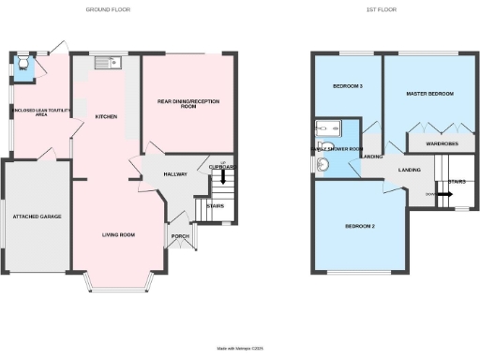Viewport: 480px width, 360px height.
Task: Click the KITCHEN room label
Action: (107, 116)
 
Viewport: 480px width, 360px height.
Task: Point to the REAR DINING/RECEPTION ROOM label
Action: (188, 104)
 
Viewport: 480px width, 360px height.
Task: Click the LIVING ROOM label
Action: (119, 234)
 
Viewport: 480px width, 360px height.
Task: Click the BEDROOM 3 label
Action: (348, 86)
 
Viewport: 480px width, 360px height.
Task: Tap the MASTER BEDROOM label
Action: (429, 95)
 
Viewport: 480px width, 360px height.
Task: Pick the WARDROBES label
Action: (442, 144)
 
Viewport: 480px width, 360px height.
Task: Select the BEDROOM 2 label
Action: (360, 227)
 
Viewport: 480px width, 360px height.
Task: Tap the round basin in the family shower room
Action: (323, 165)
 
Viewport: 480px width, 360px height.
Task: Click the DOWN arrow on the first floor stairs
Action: (443, 195)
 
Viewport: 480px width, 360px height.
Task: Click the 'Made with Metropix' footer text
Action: (240, 348)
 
